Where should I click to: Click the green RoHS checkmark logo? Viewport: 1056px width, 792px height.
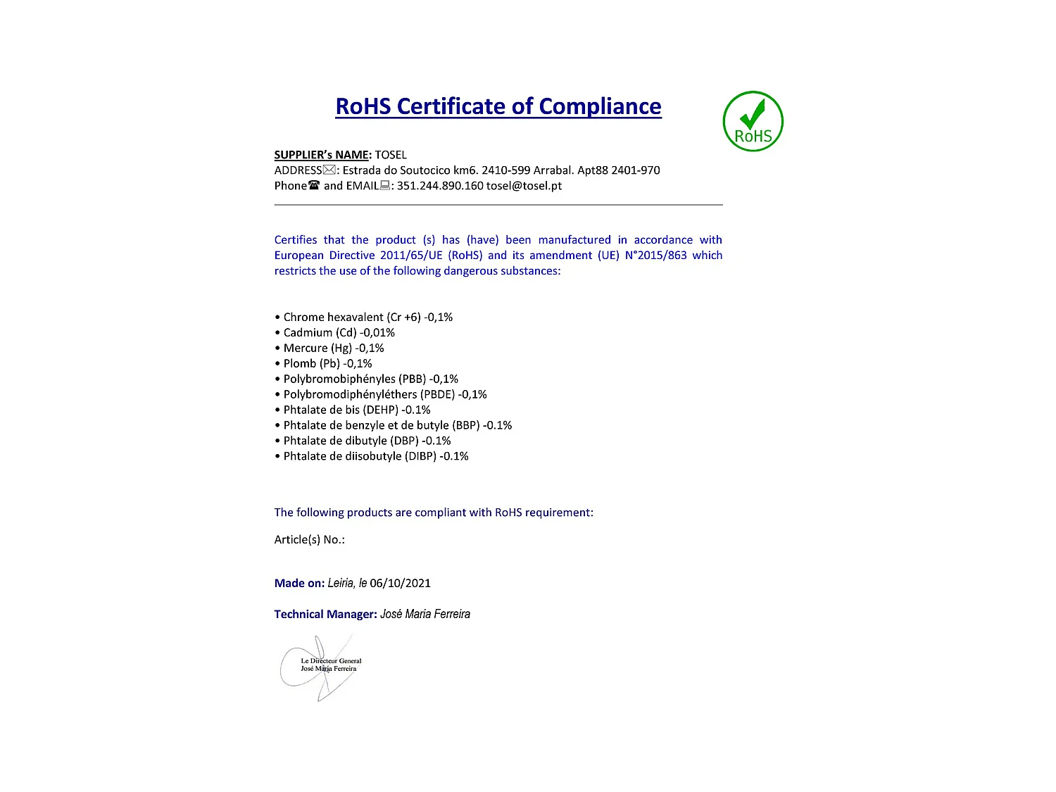[753, 121]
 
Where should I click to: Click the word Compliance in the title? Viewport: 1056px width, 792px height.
[600, 106]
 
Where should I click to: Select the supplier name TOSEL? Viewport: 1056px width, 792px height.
[391, 155]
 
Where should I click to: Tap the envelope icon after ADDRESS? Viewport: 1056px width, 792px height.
[329, 170]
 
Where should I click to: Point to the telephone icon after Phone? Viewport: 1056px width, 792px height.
[314, 185]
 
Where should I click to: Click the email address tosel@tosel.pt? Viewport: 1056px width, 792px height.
[524, 186]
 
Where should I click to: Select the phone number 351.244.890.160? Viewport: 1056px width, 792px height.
[440, 186]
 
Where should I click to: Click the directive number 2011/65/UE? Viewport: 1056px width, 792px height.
[411, 256]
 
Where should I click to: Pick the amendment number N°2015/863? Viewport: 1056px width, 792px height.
[655, 256]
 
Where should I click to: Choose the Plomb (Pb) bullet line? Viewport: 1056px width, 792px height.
[324, 363]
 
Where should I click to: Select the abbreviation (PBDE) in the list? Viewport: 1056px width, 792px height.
[437, 394]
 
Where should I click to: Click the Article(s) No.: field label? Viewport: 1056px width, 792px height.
[310, 540]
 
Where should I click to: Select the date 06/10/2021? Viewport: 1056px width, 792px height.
[400, 583]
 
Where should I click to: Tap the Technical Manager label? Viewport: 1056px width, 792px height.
[325, 614]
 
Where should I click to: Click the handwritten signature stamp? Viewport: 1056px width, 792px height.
[321, 666]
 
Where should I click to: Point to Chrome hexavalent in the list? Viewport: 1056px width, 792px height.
[334, 317]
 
